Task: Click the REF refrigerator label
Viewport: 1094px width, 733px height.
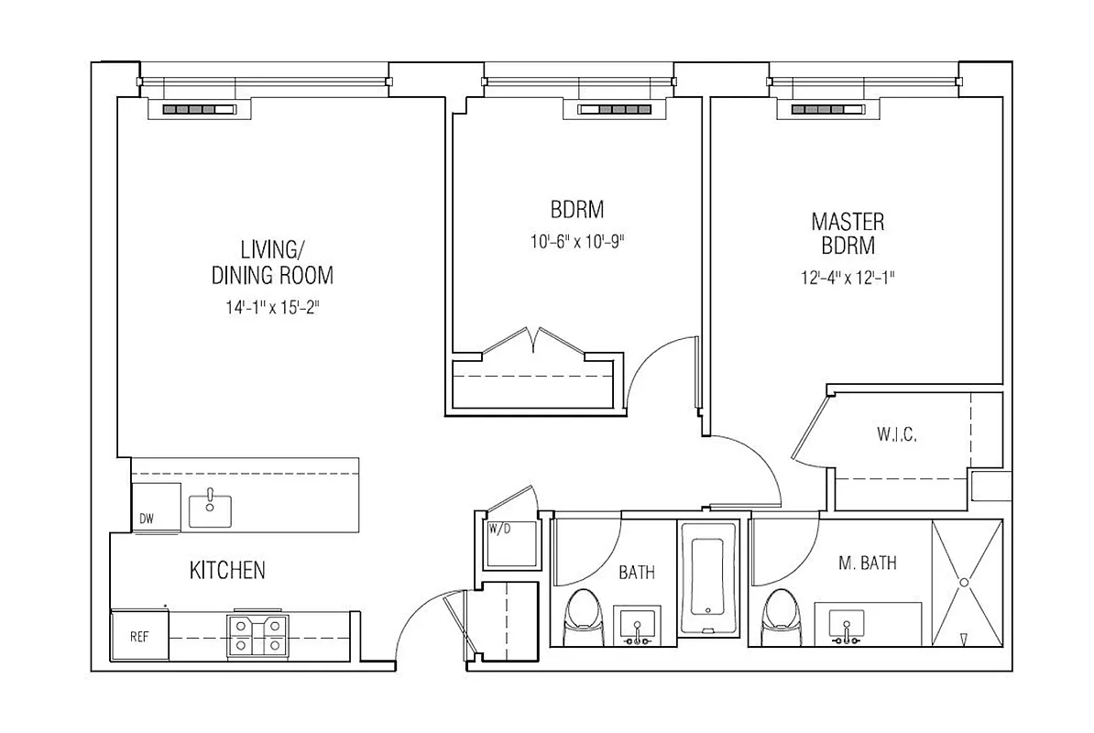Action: point(139,635)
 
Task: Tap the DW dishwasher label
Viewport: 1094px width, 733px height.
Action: point(147,520)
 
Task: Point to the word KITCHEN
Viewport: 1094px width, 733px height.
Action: point(227,571)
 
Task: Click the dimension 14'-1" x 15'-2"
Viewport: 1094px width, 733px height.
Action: point(272,308)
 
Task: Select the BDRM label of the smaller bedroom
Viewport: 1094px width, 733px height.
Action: point(577,210)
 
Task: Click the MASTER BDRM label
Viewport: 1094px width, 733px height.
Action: point(848,234)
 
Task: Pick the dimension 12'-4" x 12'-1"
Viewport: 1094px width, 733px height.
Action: point(848,278)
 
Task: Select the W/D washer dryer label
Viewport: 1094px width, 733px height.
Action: point(499,529)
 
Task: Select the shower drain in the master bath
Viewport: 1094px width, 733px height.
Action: point(964,582)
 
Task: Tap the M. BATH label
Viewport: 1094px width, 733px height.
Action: point(867,563)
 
